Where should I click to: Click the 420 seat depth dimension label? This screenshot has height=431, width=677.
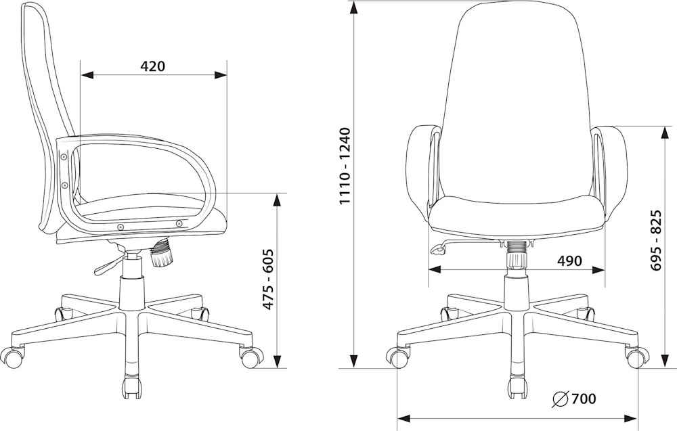tap(152, 66)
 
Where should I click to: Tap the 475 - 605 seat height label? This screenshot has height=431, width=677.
tap(269, 279)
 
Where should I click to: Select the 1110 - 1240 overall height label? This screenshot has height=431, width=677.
tap(345, 166)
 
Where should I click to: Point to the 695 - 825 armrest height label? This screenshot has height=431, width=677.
tap(656, 240)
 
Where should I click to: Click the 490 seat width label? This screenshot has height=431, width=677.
tap(569, 260)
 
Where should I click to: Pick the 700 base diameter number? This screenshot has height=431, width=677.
tap(584, 399)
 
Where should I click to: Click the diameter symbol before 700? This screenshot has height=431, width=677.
tap(560, 399)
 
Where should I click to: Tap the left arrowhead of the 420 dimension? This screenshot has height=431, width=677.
tap(87, 76)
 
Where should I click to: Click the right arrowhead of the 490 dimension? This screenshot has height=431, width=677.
tap(598, 270)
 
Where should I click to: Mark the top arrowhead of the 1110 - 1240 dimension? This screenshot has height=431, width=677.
tap(353, 8)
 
